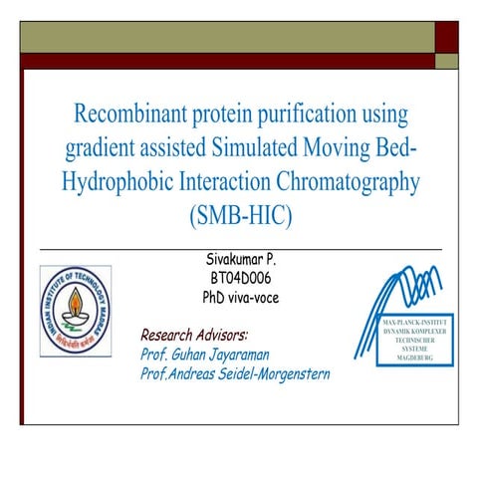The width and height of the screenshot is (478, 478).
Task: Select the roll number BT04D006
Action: click(239, 278)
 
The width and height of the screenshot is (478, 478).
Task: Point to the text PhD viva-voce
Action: click(239, 297)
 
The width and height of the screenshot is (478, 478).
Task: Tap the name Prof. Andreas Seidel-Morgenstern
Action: click(236, 373)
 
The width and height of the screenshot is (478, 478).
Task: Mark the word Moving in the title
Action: click(349, 146)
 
